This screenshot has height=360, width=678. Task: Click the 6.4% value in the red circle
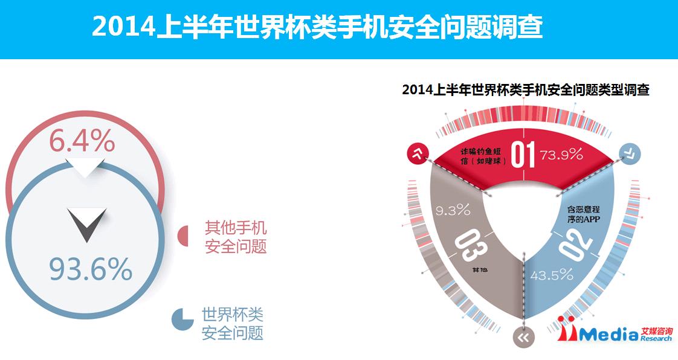coord(82,140)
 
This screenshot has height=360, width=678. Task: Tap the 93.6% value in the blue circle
coord(91,269)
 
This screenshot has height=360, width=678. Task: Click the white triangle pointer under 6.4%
coord(85,169)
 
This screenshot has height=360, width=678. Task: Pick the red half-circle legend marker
coord(183,236)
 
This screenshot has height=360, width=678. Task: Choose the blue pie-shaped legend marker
coord(182,320)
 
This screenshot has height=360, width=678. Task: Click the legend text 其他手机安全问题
coord(236,237)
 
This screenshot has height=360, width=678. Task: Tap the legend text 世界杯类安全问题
coord(232,324)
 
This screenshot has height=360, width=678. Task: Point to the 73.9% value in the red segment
coord(561,154)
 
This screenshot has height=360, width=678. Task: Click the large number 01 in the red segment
coord(523,155)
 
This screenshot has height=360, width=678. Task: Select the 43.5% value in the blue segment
coord(552,275)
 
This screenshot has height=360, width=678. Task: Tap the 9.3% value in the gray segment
coord(453,210)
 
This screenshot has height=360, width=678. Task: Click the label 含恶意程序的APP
coord(584,214)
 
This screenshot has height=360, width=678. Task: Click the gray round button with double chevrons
coord(524,337)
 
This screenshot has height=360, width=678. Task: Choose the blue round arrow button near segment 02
coord(630,153)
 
